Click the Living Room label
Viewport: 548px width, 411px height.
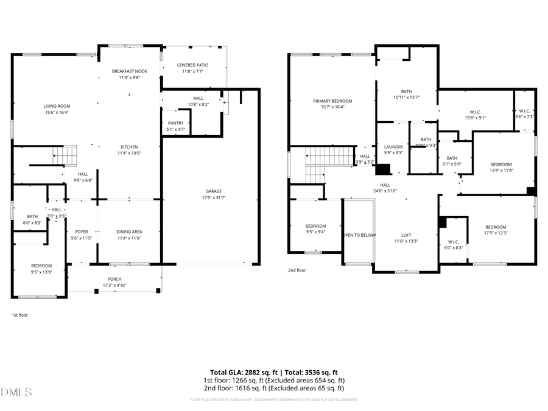tap(56, 106)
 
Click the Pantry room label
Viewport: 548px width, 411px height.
tap(175, 123)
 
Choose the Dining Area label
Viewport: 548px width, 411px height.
tap(129, 232)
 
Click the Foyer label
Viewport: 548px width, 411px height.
tap(82, 232)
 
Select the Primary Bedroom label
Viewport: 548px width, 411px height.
tap(332, 101)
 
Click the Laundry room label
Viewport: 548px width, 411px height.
tap(394, 147)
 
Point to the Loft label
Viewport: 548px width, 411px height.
tap(406, 235)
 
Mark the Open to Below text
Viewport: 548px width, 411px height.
tap(359, 235)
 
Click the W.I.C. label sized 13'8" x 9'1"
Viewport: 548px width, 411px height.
tap(476, 111)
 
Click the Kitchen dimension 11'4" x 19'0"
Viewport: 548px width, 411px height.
tap(129, 153)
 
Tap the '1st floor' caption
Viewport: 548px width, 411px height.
tap(19, 315)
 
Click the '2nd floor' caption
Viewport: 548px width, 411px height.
tap(297, 270)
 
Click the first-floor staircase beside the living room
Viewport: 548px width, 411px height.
tap(63, 156)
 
